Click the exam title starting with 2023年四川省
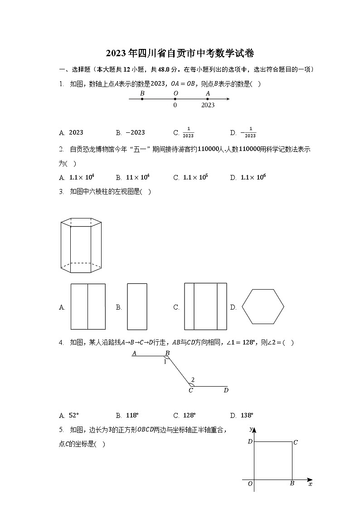coord(180,53)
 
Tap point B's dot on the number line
coord(142,99)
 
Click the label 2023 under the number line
coord(208,105)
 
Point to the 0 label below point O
coord(175,105)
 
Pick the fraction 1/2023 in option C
coord(188,133)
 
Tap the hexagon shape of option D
coord(263,307)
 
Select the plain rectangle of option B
coord(137,306)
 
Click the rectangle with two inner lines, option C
coord(205,306)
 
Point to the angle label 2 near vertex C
coord(193,380)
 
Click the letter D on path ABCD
coord(226,390)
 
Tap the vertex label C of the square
coord(296,442)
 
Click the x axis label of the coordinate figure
coord(310,485)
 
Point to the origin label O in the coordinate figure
coord(250,484)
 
